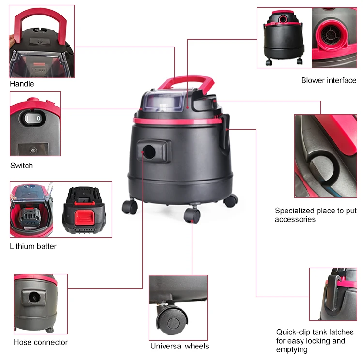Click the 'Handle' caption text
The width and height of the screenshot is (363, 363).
pyautogui.click(x=22, y=84)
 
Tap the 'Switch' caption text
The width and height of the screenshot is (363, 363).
pyautogui.click(x=21, y=166)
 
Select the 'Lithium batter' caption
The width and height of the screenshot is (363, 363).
pyautogui.click(x=33, y=246)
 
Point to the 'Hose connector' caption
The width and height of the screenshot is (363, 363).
pyautogui.click(x=41, y=342)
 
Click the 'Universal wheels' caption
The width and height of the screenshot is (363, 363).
pyautogui.click(x=180, y=346)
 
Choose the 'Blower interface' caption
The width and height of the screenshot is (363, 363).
pyautogui.click(x=329, y=80)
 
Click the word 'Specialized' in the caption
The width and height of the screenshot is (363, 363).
pyautogui.click(x=294, y=211)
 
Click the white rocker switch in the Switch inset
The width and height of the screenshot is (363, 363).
pyautogui.click(x=34, y=118)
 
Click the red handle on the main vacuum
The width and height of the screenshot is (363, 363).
pyautogui.click(x=187, y=82)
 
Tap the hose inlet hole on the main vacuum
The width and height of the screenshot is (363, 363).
pyautogui.click(x=149, y=152)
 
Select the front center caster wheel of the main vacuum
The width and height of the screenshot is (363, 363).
pyautogui.click(x=192, y=215)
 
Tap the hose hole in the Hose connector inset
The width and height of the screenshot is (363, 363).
pyautogui.click(x=34, y=297)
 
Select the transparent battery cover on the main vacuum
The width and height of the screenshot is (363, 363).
pyautogui.click(x=165, y=101)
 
